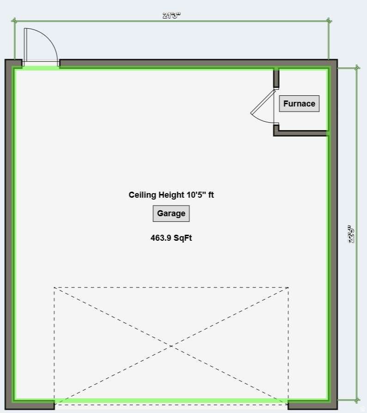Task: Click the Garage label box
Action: click(171, 213)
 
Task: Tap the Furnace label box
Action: click(299, 104)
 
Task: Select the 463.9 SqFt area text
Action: click(171, 238)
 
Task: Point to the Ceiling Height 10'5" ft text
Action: click(171, 195)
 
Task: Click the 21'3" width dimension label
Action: click(171, 15)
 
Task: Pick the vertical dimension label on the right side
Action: click(352, 234)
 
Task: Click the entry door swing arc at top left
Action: click(46, 39)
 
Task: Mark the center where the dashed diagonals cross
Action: click(171, 346)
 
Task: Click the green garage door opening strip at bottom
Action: click(171, 400)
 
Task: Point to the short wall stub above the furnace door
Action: click(276, 78)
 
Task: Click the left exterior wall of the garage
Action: click(9, 232)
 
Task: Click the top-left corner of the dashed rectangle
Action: click(55, 288)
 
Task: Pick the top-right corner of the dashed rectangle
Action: click(288, 288)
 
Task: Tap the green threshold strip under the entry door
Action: click(41, 68)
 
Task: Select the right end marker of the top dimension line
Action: click(329, 21)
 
